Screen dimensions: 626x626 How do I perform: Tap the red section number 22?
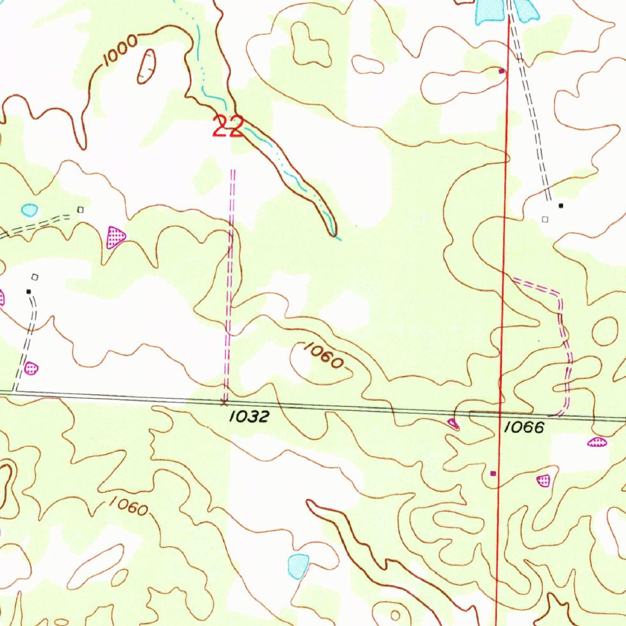coord(228,127)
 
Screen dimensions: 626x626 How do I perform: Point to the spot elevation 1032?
coord(249,417)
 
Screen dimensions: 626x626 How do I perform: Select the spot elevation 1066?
coord(523,428)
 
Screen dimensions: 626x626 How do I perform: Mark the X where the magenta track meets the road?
coord(224,402)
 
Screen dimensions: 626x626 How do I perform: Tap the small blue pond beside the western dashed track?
coord(29,210)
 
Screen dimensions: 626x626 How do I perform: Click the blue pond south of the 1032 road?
coord(298,565)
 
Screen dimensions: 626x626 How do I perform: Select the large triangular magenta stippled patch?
coord(115,237)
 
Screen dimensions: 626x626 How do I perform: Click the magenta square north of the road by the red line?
coord(502,72)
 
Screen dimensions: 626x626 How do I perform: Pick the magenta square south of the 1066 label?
coord(494,473)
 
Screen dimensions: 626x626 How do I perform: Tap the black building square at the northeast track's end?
coord(561,205)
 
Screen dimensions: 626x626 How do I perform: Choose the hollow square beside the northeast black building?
coord(545,219)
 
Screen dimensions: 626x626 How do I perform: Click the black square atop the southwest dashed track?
coord(28,292)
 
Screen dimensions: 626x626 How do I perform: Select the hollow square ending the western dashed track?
coord(80,210)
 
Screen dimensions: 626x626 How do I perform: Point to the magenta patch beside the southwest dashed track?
coord(31,368)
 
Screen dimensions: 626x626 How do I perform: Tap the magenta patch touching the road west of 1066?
coord(453,423)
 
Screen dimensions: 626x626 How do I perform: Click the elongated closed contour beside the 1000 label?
coord(147,66)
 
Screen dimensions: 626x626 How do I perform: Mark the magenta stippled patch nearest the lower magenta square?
coord(543,481)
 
